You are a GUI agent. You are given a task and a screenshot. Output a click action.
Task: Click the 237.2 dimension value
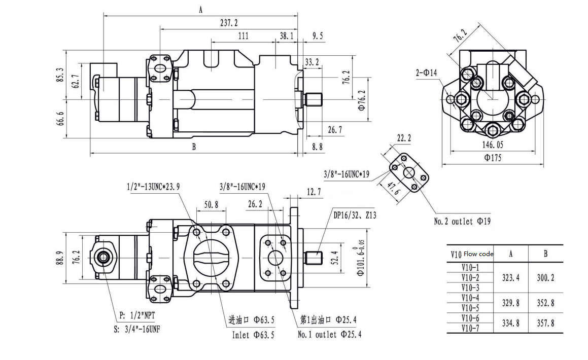point(229,23)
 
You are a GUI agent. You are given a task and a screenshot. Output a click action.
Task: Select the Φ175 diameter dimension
point(493,158)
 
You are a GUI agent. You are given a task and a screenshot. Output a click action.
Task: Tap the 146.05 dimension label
point(493,144)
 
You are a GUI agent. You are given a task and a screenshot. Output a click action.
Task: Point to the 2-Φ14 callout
point(426,73)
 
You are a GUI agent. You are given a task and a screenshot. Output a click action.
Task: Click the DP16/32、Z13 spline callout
point(355,215)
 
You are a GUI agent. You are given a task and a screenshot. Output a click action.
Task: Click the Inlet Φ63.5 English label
point(253,335)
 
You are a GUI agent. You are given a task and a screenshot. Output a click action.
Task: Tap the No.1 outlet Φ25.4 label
point(329,335)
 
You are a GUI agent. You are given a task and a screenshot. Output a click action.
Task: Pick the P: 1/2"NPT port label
point(136,315)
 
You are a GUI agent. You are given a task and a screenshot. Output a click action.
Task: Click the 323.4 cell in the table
point(510,278)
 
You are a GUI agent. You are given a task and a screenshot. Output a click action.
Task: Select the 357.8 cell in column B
point(545,323)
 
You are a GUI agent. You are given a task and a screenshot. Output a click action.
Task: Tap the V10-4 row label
point(470,298)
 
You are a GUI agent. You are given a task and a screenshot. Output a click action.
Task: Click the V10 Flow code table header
point(472,254)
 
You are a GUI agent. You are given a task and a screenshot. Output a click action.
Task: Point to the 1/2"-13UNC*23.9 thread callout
point(153,187)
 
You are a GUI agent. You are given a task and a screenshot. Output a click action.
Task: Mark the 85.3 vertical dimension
point(61,75)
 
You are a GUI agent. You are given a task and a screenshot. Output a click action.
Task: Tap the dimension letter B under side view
point(194,147)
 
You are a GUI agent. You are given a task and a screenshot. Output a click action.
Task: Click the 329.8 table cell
point(510,303)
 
